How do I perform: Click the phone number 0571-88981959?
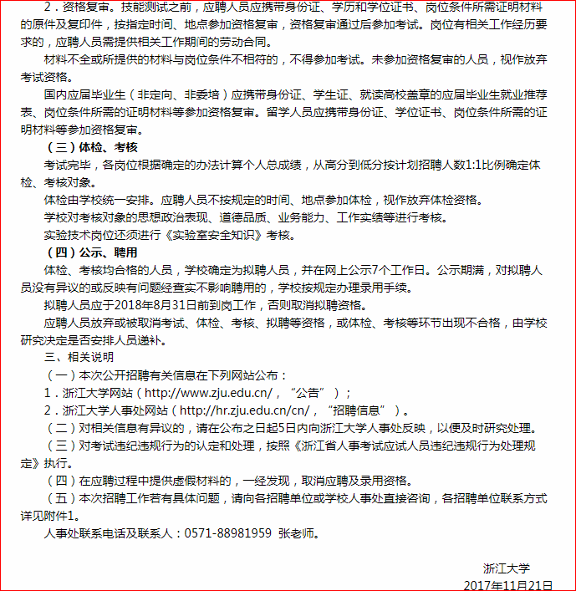coord(227,532)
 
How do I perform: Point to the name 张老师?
coord(298,532)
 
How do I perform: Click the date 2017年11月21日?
coord(508,584)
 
